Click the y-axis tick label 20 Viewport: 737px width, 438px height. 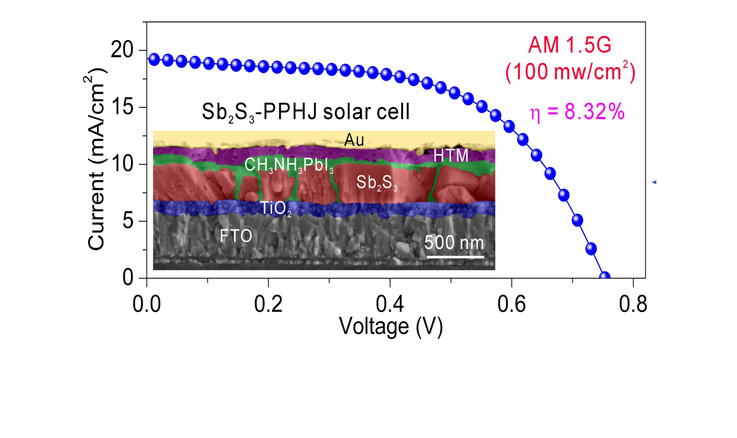pyautogui.click(x=122, y=50)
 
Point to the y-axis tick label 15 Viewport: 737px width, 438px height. pyautogui.click(x=122, y=107)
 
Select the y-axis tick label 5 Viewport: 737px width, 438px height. pyautogui.click(x=128, y=221)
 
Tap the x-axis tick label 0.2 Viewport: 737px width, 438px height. pyautogui.click(x=269, y=304)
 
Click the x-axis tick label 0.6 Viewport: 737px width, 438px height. pyautogui.click(x=512, y=304)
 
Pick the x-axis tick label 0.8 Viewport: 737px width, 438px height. pyautogui.click(x=633, y=304)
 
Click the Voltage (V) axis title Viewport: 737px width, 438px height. pyautogui.click(x=391, y=326)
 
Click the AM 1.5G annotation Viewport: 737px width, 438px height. pyautogui.click(x=570, y=45)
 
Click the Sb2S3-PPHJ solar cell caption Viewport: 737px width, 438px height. pyautogui.click(x=305, y=112)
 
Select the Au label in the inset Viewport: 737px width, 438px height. pyautogui.click(x=354, y=140)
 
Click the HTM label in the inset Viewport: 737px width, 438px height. pyautogui.click(x=451, y=156)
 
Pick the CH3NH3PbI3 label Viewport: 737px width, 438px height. pyautogui.click(x=289, y=165)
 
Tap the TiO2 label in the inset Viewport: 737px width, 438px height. pyautogui.click(x=276, y=208)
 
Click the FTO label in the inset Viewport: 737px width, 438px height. pyautogui.click(x=236, y=236)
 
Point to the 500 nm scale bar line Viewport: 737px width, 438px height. pyautogui.click(x=455, y=257)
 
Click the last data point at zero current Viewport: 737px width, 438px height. pyautogui.click(x=605, y=277)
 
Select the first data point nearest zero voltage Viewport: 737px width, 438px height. pyautogui.click(x=154, y=59)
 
